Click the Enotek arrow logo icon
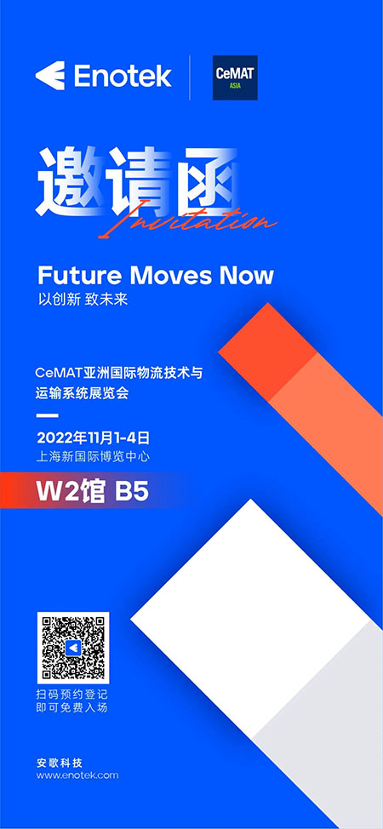tap(49, 76)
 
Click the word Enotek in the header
tap(123, 76)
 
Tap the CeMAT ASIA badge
tap(235, 77)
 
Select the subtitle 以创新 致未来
tap(83, 300)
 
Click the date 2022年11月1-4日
tap(94, 437)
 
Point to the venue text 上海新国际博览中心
tap(93, 456)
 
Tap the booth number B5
tap(132, 492)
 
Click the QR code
tap(73, 648)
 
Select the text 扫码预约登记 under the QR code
tap(72, 695)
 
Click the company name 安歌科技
tap(60, 763)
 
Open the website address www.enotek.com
tap(77, 775)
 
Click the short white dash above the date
tap(48, 415)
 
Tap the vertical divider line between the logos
tap(190, 77)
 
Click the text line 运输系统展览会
tap(83, 394)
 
